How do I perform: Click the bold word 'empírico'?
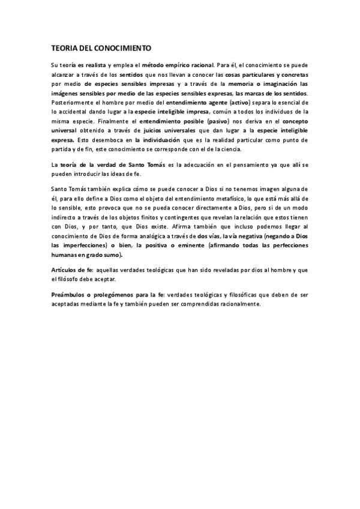click(x=173, y=65)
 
